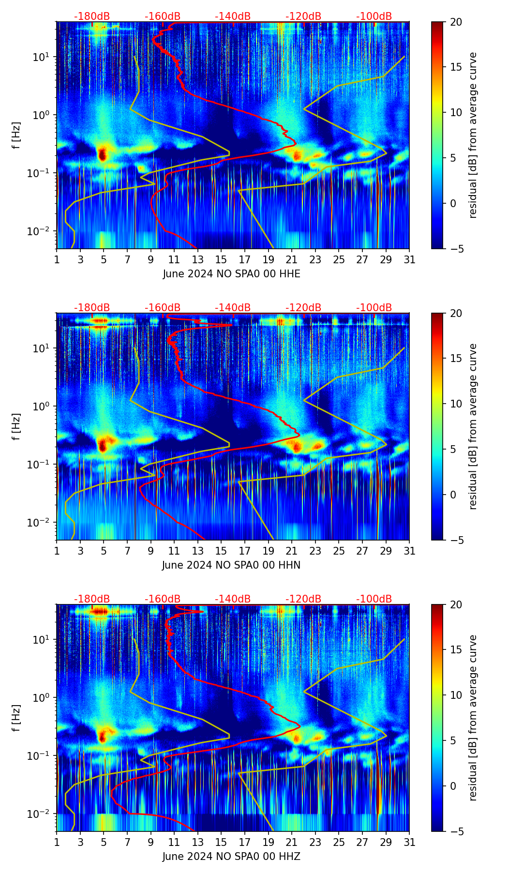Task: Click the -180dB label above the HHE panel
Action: click(x=92, y=16)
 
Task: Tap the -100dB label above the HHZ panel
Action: click(x=374, y=599)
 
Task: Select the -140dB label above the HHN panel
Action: click(x=233, y=308)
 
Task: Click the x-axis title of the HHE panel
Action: click(x=231, y=274)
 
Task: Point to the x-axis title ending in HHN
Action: click(x=231, y=565)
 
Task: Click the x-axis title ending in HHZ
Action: click(x=231, y=857)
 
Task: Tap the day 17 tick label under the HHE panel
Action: click(x=245, y=260)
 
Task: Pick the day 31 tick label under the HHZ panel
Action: click(x=409, y=843)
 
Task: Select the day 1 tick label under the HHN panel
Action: click(x=57, y=551)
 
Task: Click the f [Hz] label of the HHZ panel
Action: click(x=16, y=718)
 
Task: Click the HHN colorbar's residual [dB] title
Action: click(x=473, y=426)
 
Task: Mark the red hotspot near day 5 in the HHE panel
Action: click(x=102, y=154)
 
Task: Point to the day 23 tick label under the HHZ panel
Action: click(x=315, y=843)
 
